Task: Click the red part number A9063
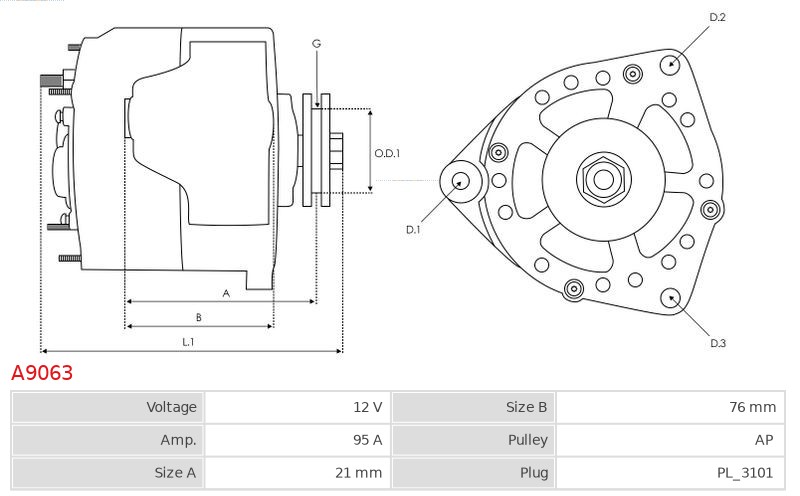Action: pos(42,373)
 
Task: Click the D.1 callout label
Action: pos(413,229)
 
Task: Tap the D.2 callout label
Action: pos(717,17)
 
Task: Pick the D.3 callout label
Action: pos(717,343)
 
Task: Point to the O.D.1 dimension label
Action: pos(387,153)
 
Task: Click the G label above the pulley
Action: pos(316,43)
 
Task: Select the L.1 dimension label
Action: pos(188,342)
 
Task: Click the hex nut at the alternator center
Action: pos(604,179)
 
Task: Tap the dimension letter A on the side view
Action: pos(226,293)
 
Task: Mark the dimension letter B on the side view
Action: pos(199,317)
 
